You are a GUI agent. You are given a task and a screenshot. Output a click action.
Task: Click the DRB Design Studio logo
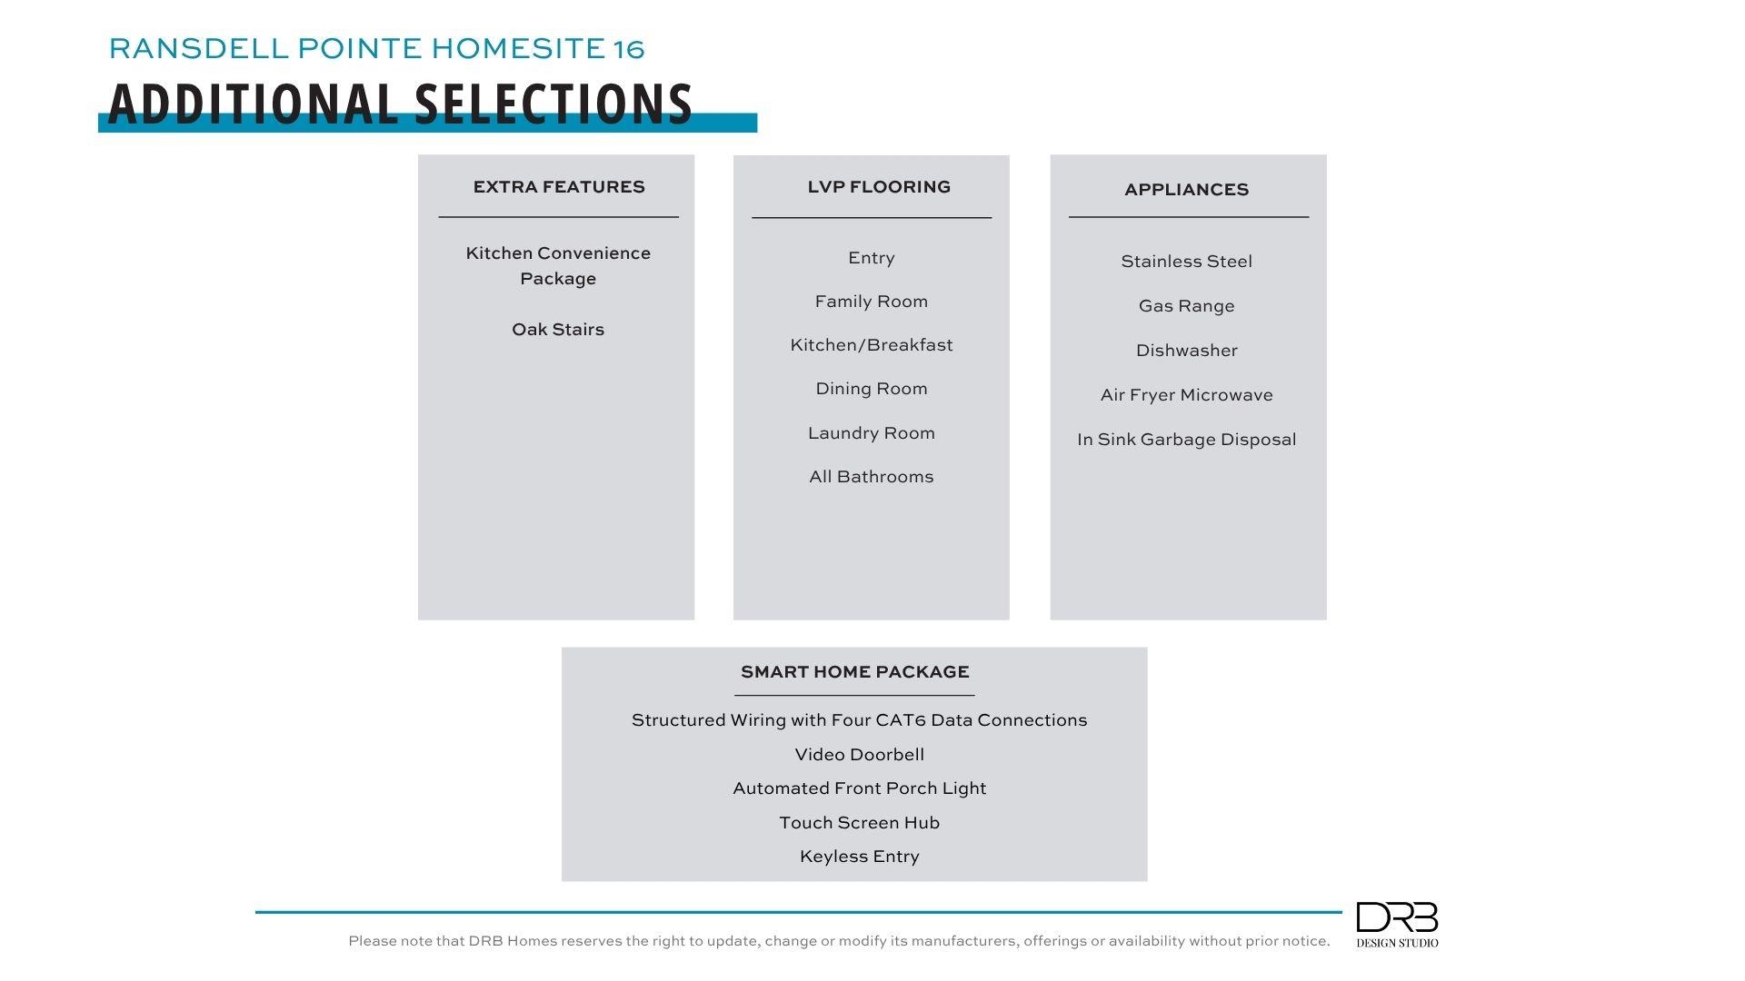click(x=1397, y=924)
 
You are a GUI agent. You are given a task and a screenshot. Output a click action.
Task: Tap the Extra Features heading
click(x=559, y=187)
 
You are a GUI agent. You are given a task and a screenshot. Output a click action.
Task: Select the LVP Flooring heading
click(x=879, y=187)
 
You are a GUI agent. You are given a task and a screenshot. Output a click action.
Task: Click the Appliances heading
click(x=1186, y=190)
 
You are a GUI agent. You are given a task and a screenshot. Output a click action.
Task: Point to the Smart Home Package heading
click(x=854, y=672)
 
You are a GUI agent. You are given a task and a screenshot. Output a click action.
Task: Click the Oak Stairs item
click(x=558, y=330)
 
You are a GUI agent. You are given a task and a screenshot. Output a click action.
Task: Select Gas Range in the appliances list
click(x=1186, y=306)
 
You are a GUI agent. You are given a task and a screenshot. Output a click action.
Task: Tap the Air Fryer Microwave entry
click(x=1186, y=395)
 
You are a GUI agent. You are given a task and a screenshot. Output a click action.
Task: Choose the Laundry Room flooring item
click(x=871, y=433)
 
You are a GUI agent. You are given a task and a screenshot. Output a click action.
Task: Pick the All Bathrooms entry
click(x=871, y=477)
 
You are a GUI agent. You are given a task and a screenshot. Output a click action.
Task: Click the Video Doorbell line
click(x=859, y=755)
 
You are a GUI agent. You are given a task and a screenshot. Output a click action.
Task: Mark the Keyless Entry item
click(x=859, y=857)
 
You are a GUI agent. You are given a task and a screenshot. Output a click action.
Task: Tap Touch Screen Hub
click(x=859, y=823)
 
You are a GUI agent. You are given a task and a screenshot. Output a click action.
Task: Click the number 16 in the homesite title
click(x=629, y=49)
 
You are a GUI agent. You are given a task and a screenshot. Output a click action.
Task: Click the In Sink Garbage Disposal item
click(x=1186, y=440)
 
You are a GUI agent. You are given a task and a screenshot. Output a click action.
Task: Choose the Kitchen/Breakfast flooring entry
click(x=871, y=345)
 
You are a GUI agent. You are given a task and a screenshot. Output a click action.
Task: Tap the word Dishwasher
click(x=1186, y=351)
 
